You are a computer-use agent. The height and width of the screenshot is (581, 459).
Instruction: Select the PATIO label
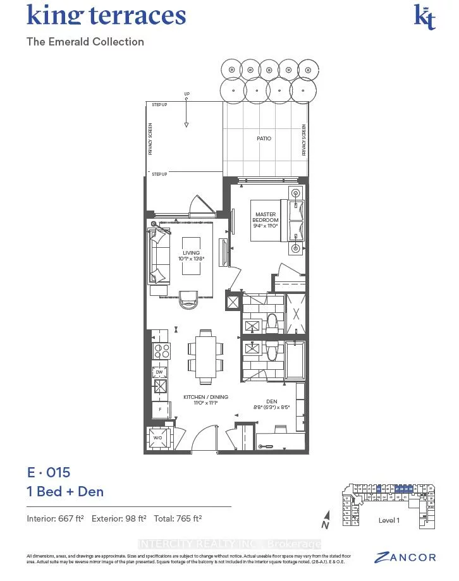tap(264, 138)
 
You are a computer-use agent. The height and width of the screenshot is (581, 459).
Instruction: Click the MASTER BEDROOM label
tap(266, 217)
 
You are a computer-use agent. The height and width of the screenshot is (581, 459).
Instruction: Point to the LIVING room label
tap(191, 255)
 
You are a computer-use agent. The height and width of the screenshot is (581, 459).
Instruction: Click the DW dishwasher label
tap(159, 372)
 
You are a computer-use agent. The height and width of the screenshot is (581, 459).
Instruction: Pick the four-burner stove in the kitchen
tap(161, 351)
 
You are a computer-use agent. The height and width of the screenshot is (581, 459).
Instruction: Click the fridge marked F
tap(160, 410)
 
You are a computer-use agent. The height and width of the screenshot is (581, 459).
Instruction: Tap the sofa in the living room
tap(160, 256)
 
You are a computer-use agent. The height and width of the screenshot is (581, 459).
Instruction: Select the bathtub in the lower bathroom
tap(295, 361)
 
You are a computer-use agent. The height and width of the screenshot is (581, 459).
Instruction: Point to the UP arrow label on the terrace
tap(187, 95)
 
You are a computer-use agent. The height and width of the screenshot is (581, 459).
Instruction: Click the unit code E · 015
tap(48, 472)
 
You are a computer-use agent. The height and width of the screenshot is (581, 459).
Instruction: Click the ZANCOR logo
tap(405, 557)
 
